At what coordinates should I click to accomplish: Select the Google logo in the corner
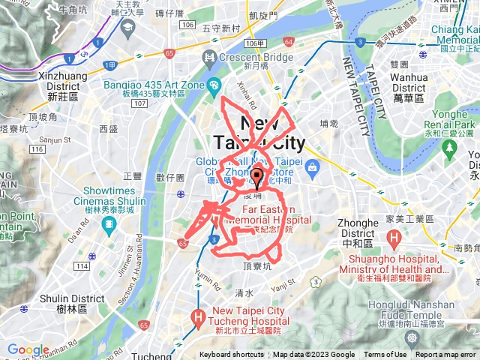click(28, 350)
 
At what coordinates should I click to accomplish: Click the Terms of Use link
click(385, 355)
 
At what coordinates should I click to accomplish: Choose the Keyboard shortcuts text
click(232, 355)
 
